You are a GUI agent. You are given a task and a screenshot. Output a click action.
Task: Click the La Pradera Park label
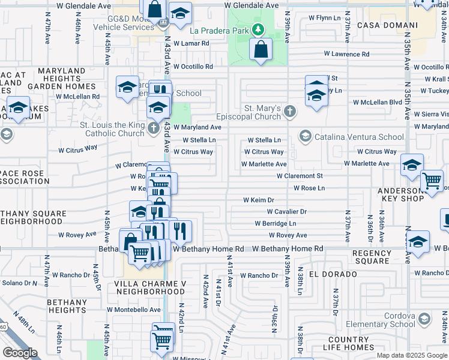click(219, 30)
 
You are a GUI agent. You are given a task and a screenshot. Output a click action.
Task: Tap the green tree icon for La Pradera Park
click(258, 29)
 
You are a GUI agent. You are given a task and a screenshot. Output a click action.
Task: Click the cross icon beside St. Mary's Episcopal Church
click(289, 111)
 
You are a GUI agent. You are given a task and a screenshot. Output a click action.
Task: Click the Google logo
click(20, 353)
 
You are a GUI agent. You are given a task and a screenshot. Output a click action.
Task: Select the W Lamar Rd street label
click(191, 43)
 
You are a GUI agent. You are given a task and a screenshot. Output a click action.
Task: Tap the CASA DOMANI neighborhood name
click(387, 25)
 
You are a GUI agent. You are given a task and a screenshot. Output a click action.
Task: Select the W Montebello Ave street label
click(134, 310)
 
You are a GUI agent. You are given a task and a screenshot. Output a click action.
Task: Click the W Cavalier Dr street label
click(287, 212)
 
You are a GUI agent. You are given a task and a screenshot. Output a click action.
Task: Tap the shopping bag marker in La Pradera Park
click(261, 50)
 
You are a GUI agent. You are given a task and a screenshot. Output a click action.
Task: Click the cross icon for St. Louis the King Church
click(153, 128)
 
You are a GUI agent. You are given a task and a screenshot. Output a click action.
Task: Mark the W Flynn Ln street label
click(324, 18)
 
